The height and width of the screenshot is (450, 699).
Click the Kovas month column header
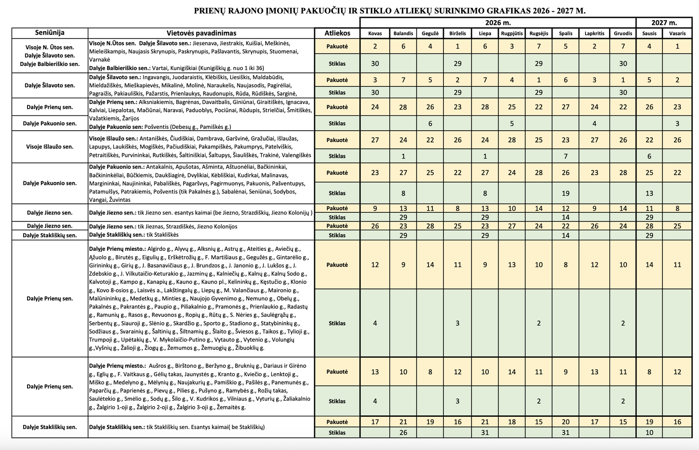click(375, 33)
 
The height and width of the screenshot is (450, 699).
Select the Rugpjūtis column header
click(512, 33)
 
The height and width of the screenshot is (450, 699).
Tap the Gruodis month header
click(623, 33)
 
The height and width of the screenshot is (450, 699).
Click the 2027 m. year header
click(664, 22)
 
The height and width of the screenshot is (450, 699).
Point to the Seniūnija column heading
click(50, 33)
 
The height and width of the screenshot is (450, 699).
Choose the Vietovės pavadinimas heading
click(201, 33)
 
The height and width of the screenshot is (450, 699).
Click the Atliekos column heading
click(337, 33)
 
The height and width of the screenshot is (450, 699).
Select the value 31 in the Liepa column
click(484, 433)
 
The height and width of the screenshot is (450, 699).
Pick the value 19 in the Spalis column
click(566, 193)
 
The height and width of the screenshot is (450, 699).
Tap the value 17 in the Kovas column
click(375, 422)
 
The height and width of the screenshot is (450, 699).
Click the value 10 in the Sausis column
click(649, 433)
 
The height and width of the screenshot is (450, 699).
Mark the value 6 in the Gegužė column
click(430, 124)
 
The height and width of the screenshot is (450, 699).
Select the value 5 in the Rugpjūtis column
click(512, 124)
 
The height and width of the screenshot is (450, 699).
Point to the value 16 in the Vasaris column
click(677, 422)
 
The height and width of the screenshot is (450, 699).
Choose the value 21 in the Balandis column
click(403, 422)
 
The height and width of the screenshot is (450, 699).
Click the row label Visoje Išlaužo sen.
click(50, 147)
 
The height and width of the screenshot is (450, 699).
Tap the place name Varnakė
click(100, 59)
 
